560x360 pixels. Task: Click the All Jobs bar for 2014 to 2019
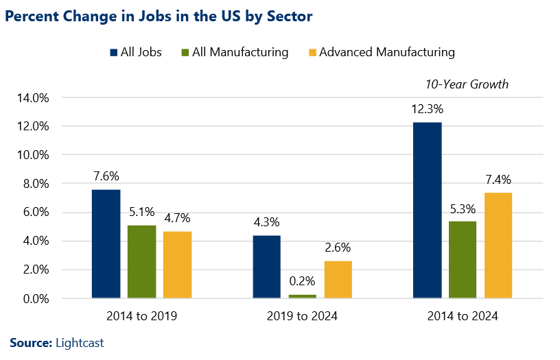(x=106, y=244)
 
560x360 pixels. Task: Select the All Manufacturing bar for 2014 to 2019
(x=141, y=262)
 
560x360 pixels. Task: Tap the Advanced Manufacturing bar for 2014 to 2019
(x=177, y=265)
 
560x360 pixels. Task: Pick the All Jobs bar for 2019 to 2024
(x=267, y=267)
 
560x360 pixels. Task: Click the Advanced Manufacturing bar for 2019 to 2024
(x=338, y=280)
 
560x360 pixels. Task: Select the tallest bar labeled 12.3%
(x=428, y=211)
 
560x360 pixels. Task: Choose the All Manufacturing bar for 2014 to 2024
(x=463, y=260)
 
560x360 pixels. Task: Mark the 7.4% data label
(x=498, y=180)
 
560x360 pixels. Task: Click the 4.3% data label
(x=267, y=223)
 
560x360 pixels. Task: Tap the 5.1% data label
(x=141, y=212)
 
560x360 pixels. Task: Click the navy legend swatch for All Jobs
(x=114, y=52)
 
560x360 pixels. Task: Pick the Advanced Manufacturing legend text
(x=386, y=52)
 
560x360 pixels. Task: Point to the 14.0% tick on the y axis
(x=32, y=98)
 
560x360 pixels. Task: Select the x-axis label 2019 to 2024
(x=302, y=317)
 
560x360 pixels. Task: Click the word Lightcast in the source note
(x=79, y=343)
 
